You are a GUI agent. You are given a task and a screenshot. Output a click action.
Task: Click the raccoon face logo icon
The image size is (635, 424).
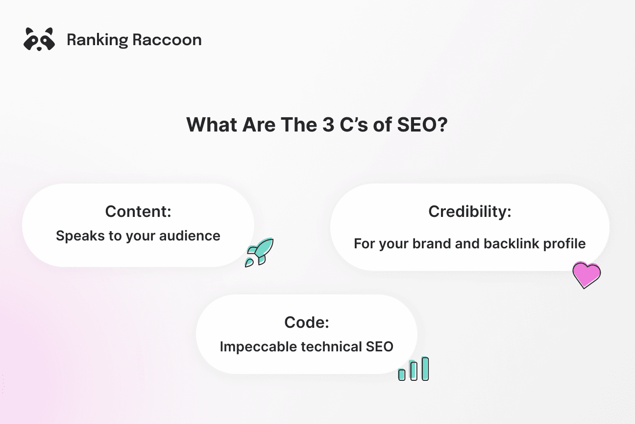[39, 39]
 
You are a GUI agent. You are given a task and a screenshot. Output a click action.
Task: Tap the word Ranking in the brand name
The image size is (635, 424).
[98, 40]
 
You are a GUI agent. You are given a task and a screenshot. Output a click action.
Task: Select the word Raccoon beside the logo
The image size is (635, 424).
[167, 40]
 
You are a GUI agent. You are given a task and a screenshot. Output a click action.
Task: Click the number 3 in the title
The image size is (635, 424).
[328, 125]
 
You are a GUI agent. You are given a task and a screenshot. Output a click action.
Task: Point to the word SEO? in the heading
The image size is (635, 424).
[422, 125]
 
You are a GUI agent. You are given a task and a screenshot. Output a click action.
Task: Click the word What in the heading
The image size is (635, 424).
[212, 125]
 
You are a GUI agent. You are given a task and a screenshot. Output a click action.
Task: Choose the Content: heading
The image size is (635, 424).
[138, 212]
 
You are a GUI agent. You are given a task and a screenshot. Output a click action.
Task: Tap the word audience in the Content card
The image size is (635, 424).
[190, 236]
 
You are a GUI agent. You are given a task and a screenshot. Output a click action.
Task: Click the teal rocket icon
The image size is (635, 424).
[260, 252]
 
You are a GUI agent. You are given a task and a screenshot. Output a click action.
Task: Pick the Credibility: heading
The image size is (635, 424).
[470, 212]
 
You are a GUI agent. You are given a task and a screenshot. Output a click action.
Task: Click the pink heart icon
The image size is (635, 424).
[586, 275]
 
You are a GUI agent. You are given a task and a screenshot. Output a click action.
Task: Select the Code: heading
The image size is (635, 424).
[307, 322]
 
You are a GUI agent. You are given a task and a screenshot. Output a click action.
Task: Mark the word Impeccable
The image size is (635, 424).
[258, 347]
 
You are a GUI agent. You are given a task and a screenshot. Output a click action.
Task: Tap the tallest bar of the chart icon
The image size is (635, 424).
[425, 369]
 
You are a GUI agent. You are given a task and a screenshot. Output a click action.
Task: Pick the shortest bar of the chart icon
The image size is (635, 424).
[402, 374]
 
